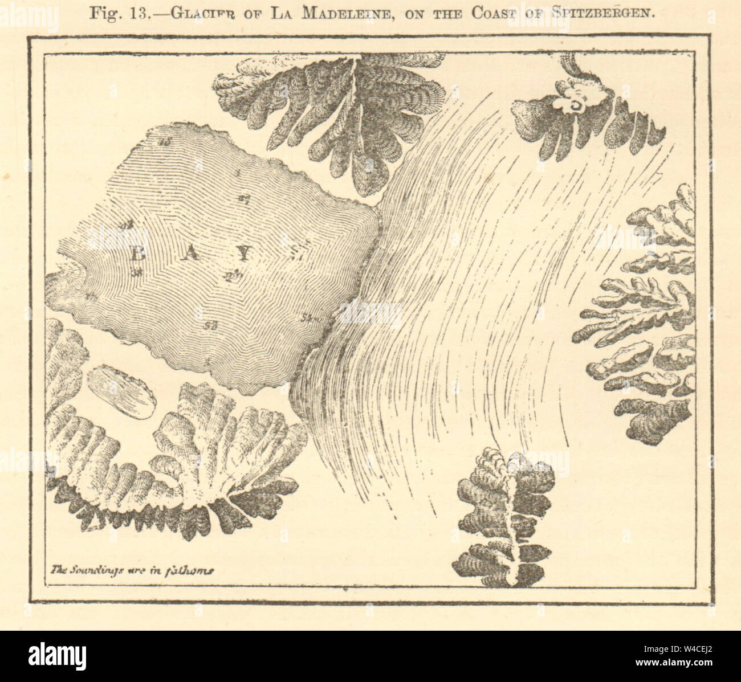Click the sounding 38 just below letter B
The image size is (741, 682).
click(x=137, y=272)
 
